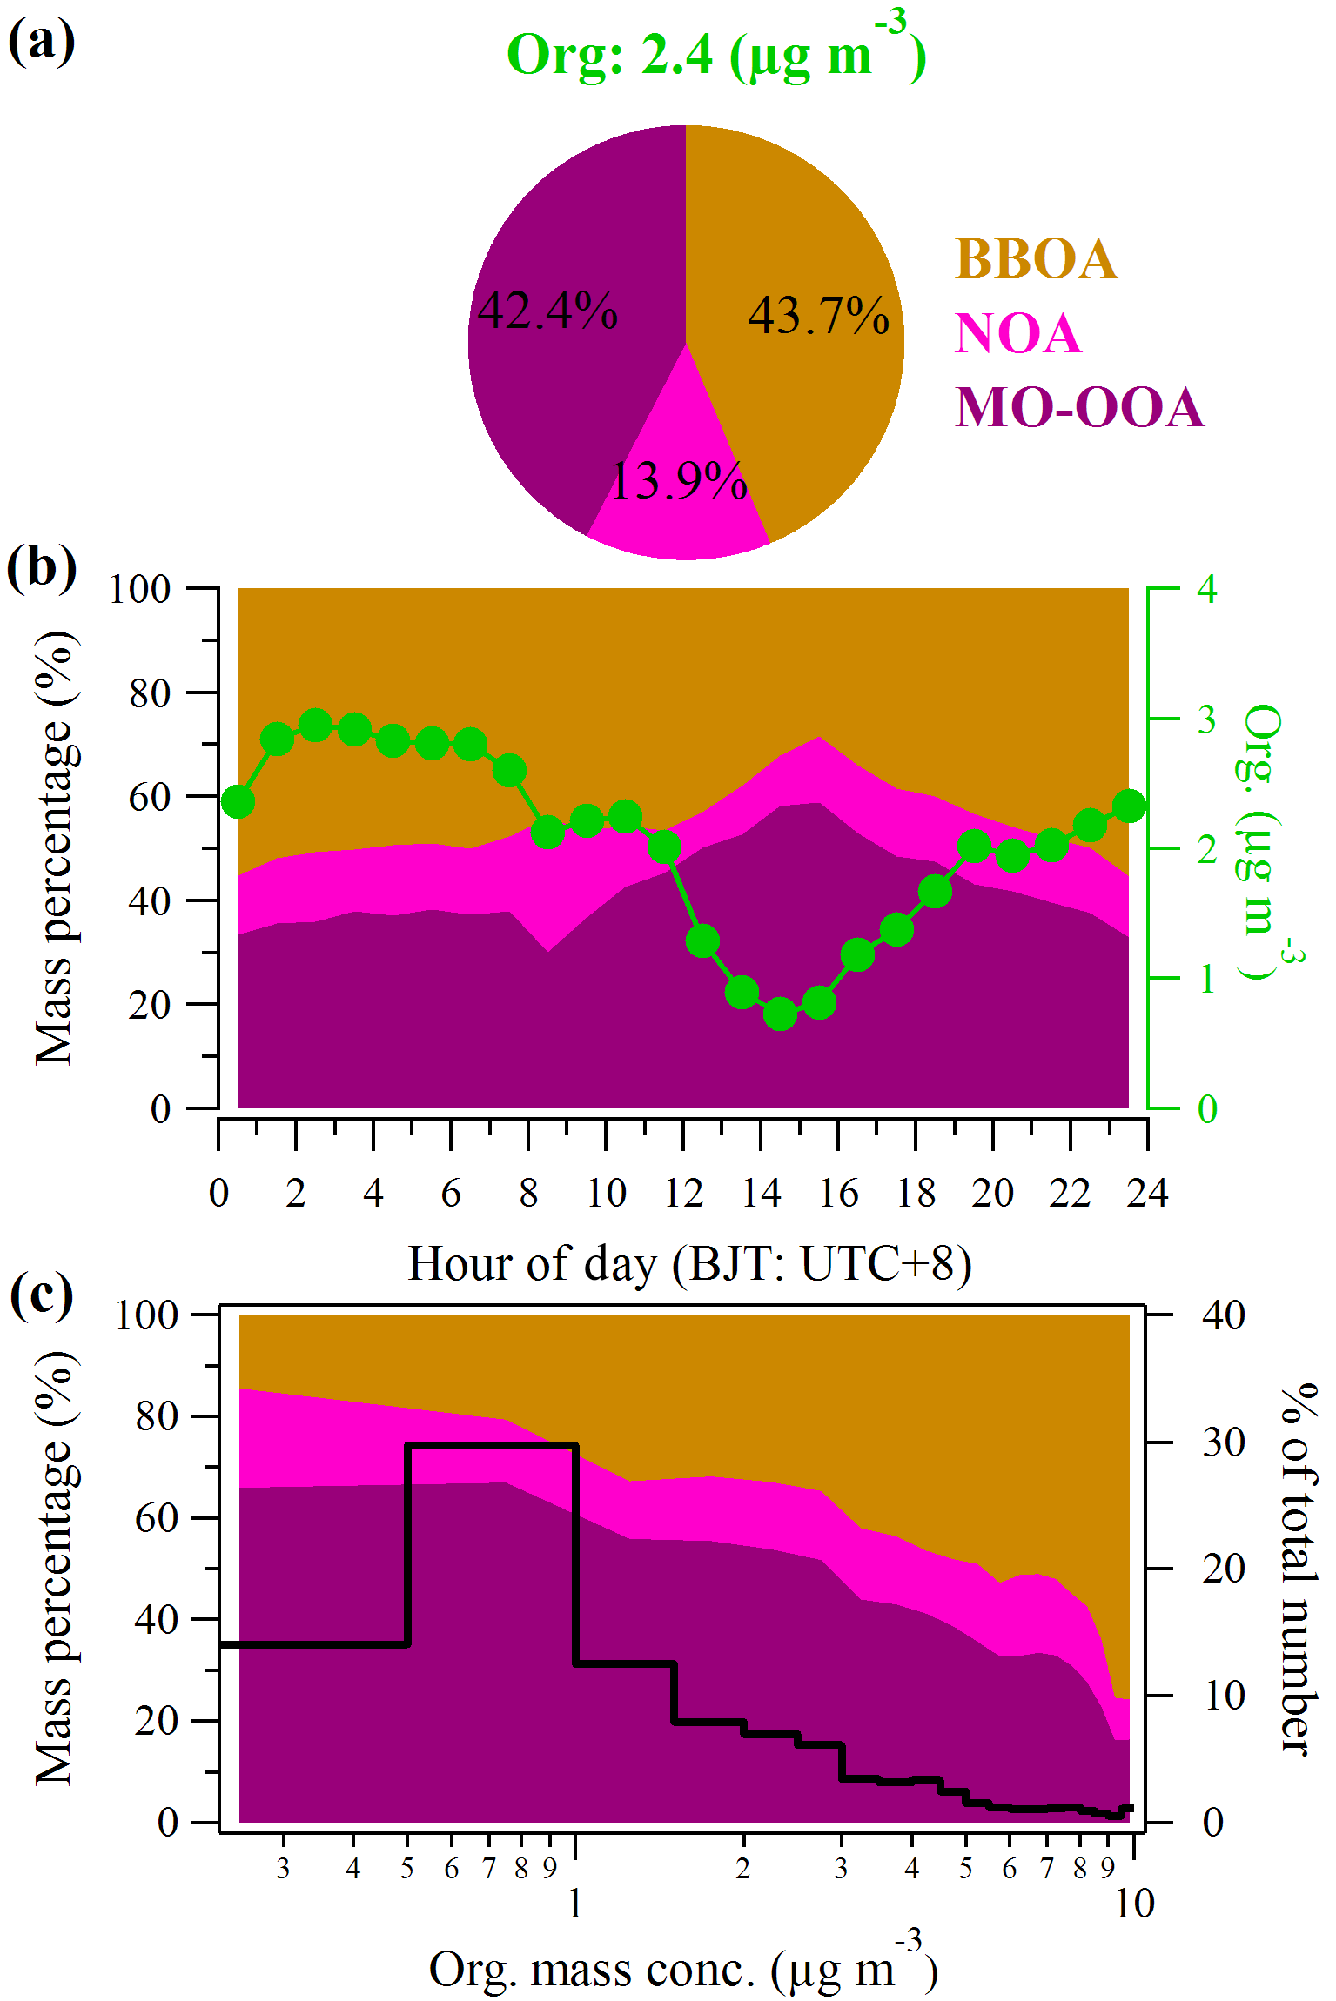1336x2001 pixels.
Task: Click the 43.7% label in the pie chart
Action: tap(818, 315)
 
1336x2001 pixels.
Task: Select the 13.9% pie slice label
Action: tap(679, 481)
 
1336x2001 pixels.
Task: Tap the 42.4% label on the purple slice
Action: tap(547, 311)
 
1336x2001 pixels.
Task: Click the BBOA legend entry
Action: tap(1035, 258)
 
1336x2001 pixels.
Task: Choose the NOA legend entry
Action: tap(1017, 333)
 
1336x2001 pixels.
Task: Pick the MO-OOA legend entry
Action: tap(1079, 407)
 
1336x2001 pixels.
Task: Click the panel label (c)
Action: tap(41, 1295)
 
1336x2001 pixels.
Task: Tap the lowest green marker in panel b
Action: tap(780, 1014)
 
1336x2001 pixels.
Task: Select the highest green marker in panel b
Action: tap(315, 725)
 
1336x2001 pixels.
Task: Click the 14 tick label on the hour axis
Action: tap(762, 1193)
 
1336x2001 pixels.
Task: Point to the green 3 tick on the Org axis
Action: tap(1206, 719)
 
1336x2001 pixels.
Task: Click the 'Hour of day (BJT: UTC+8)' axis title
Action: tap(689, 1263)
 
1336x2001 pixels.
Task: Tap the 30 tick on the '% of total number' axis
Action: tap(1223, 1443)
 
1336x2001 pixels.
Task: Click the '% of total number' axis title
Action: tap(1299, 1566)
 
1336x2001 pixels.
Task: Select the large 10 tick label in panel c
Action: tap(1134, 1904)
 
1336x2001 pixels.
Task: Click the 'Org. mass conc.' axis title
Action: tap(683, 1969)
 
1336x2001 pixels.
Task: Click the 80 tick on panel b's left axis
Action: tap(150, 693)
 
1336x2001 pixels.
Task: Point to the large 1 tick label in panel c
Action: tap(574, 1904)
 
